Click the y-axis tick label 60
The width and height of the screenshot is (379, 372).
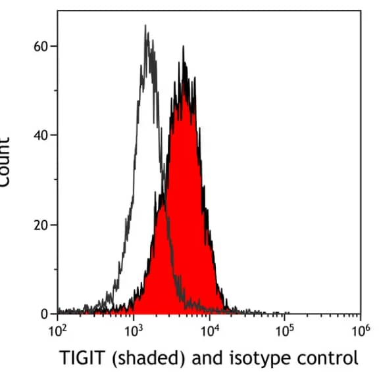tap(41, 46)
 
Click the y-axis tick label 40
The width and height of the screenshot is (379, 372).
tap(41, 135)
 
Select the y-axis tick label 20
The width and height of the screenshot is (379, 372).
tap(41, 225)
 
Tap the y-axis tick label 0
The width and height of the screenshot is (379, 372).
tap(44, 314)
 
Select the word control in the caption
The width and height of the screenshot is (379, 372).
tap(328, 358)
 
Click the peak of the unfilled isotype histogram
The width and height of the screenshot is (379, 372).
tap(145, 26)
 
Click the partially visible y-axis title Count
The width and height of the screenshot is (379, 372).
tap(5, 161)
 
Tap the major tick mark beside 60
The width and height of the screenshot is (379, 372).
tap(55, 46)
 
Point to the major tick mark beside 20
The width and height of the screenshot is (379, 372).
tap(55, 225)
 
